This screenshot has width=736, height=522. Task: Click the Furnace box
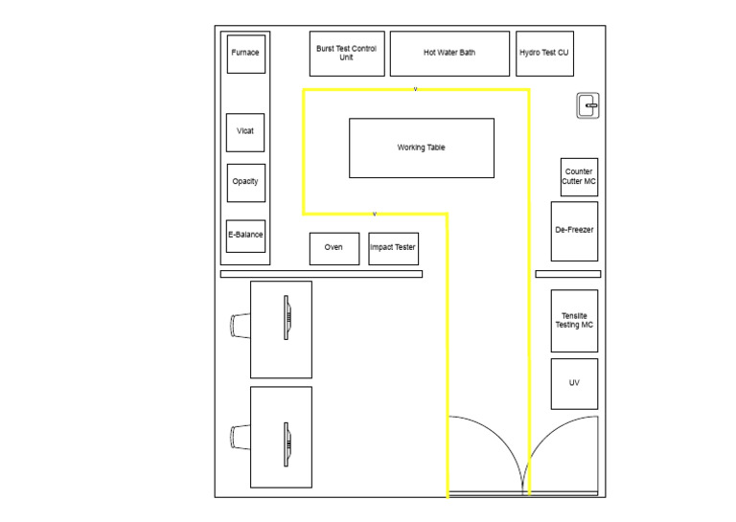tap(245, 53)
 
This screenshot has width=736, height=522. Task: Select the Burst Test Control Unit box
tap(346, 53)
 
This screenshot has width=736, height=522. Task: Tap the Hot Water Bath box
tap(448, 53)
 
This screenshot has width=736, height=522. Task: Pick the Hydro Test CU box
tap(543, 53)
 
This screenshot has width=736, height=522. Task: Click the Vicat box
tap(245, 131)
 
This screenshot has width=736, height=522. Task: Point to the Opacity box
tap(245, 182)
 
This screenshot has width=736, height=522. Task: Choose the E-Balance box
tap(245, 235)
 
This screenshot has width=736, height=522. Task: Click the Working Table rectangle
tap(421, 148)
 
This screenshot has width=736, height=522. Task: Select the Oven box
tap(333, 248)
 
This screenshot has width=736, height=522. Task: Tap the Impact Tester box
tap(393, 248)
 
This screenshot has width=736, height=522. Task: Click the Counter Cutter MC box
tap(579, 176)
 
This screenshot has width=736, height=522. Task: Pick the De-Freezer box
tap(574, 231)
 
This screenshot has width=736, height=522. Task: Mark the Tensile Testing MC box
tap(574, 321)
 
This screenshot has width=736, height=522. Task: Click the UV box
tap(574, 383)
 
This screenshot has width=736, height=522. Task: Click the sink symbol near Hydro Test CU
tap(587, 106)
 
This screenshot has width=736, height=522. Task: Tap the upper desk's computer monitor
tap(286, 316)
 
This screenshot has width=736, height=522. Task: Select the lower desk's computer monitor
tap(286, 443)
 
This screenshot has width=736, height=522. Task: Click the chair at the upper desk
tap(240, 326)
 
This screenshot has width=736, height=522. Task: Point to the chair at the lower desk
tap(240, 438)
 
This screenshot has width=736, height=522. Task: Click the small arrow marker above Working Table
tap(415, 89)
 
